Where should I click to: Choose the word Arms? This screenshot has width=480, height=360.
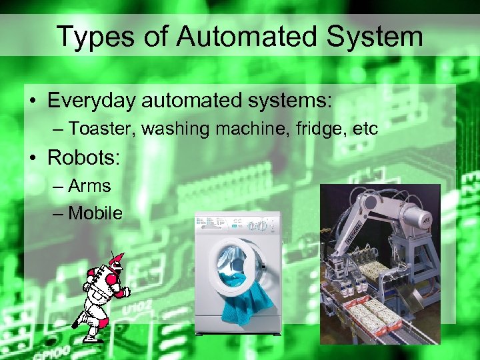tap(89, 186)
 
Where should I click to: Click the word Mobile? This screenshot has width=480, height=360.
tap(95, 213)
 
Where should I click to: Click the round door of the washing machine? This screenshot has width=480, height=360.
tap(234, 266)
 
